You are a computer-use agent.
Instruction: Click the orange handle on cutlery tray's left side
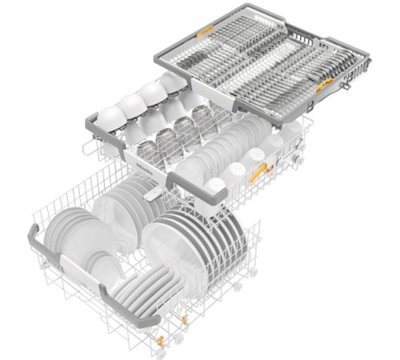[x=206, y=30]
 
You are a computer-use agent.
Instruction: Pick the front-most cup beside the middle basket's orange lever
[x=214, y=186]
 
